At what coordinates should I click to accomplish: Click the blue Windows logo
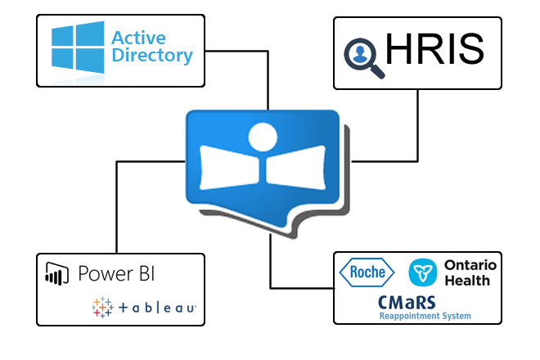(x=76, y=47)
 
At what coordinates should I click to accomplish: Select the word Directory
(x=152, y=56)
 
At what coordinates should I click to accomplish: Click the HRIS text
(x=434, y=51)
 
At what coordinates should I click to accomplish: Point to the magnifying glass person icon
(x=362, y=54)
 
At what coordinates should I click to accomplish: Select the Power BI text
(x=116, y=273)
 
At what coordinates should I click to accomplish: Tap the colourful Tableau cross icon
(x=102, y=307)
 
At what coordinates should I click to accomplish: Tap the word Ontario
(x=470, y=265)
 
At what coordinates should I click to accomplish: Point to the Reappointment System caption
(x=425, y=316)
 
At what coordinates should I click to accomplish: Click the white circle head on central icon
(x=263, y=136)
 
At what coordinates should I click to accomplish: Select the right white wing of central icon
(x=298, y=169)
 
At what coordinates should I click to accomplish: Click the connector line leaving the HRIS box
(x=418, y=123)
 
